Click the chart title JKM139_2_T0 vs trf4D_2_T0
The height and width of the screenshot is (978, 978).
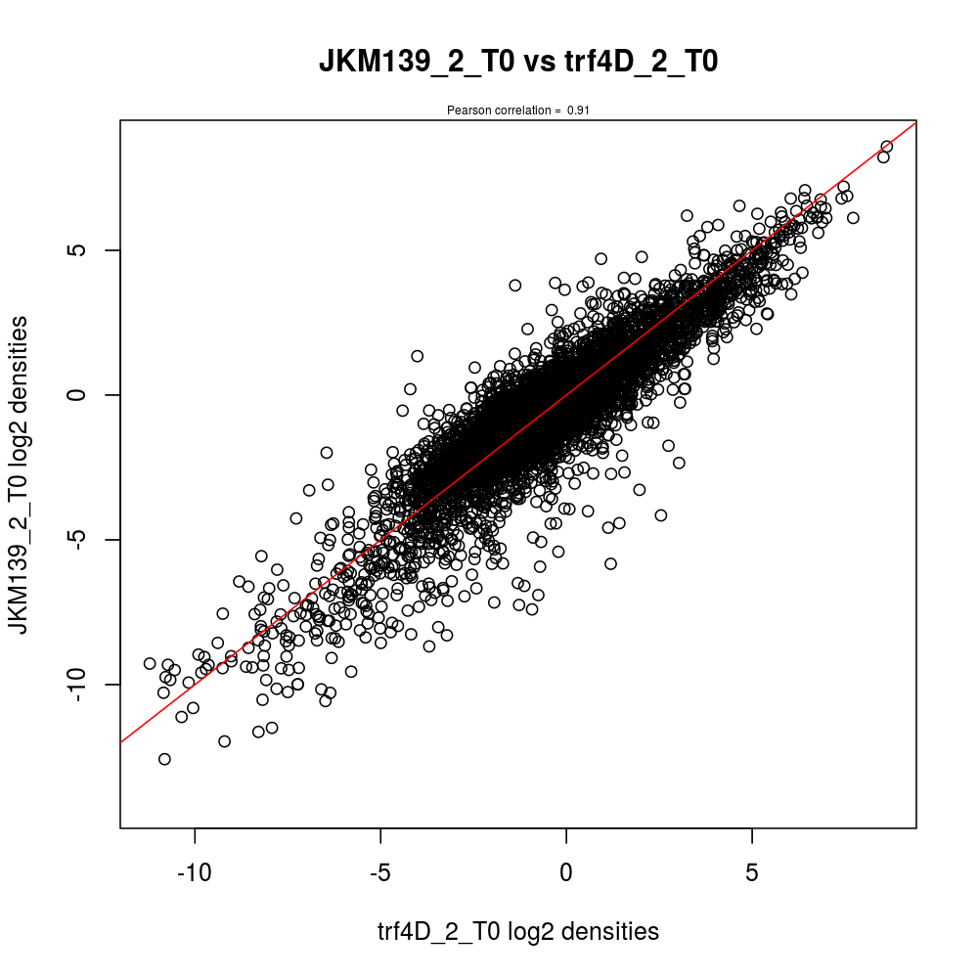[x=518, y=63]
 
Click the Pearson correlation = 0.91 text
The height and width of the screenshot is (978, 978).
[x=518, y=111]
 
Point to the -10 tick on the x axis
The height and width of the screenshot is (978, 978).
[x=195, y=869]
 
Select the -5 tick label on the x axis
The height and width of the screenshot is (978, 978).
[x=380, y=869]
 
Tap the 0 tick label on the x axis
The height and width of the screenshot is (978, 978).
[x=566, y=869]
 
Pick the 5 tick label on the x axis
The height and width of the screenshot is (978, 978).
[x=751, y=869]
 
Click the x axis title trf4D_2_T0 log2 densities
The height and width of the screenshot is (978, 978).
[x=518, y=932]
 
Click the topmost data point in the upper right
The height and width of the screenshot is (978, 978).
[x=886, y=147]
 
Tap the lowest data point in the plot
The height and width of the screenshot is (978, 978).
[x=164, y=759]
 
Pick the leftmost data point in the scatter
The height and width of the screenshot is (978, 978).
[x=150, y=663]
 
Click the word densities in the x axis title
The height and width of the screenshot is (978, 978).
[x=612, y=932]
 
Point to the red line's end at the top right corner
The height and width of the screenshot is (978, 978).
[x=914, y=122]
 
